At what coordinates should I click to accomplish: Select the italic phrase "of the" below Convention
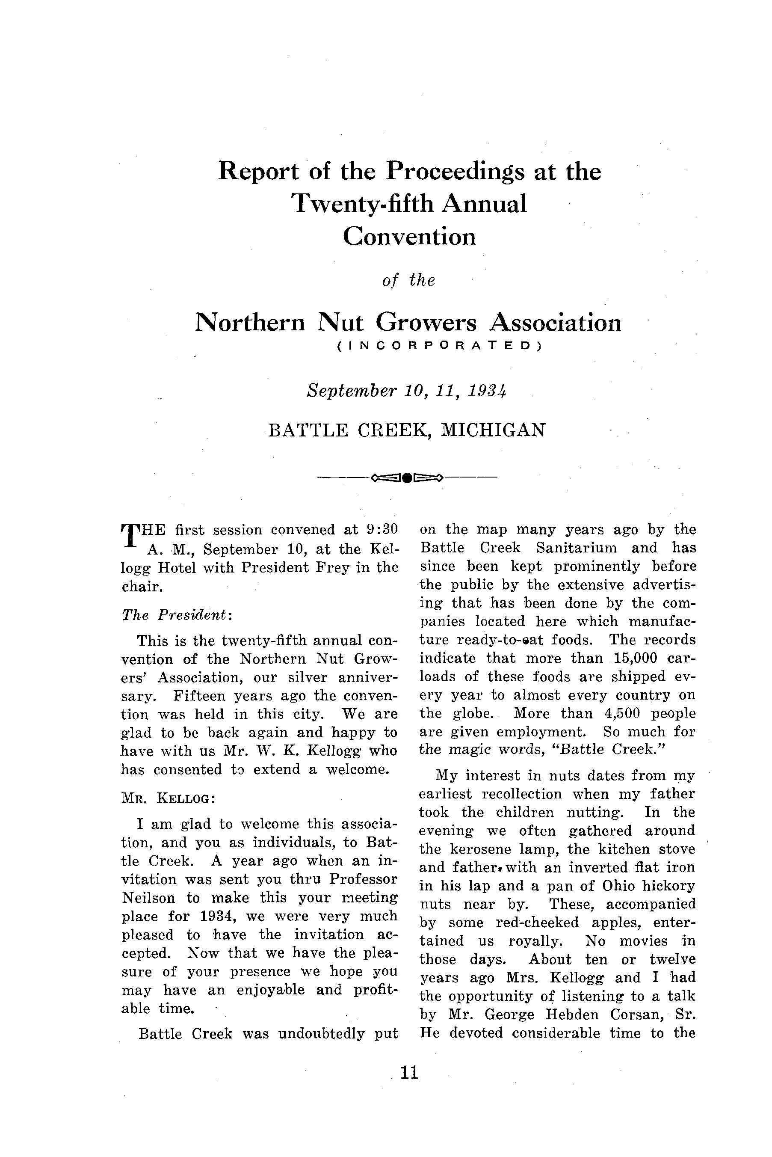[408, 280]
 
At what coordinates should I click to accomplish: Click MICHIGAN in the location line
[493, 430]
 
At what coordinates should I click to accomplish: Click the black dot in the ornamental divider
[407, 477]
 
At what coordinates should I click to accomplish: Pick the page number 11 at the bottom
[409, 1072]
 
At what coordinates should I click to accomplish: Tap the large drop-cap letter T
[128, 535]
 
